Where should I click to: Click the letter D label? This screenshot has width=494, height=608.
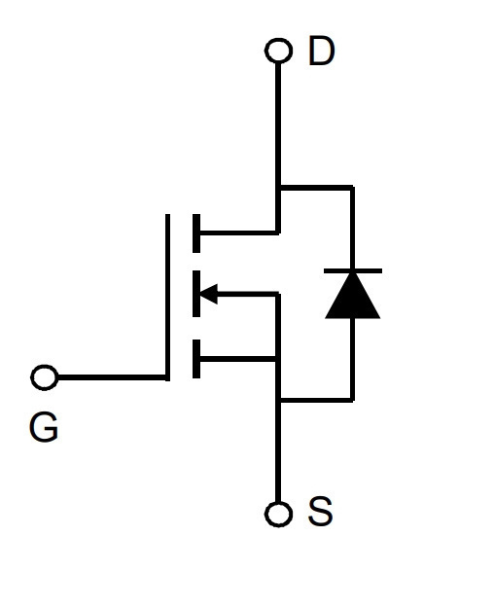322,51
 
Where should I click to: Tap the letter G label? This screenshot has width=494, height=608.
44,427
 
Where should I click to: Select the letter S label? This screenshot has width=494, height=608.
320,511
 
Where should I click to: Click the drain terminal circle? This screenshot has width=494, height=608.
278,51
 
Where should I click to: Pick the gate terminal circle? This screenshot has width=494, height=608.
45,377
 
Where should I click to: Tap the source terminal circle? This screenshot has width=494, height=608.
278,515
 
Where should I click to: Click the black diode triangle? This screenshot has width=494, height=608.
352,296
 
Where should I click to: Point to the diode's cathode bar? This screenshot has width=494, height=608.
353,270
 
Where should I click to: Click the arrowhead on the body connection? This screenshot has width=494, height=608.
209,294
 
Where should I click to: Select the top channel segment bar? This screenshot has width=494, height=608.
196,233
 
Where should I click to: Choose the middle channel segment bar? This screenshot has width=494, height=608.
196,294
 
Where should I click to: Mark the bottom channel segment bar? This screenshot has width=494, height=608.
196,358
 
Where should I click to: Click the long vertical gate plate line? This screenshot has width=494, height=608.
167,297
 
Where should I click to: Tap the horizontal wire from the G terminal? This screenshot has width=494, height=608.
112,377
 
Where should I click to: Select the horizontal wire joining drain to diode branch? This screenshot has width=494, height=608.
316,188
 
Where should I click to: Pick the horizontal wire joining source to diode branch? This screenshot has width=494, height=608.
316,400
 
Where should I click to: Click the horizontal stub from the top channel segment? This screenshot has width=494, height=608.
238,232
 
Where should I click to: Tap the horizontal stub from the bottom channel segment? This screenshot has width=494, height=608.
238,359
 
